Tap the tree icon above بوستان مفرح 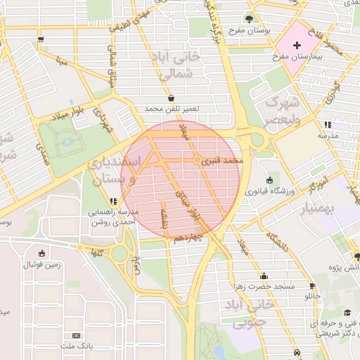(x=250, y=18)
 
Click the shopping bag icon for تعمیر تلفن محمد (x=172, y=98)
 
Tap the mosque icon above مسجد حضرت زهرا (x=264, y=276)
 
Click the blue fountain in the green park (x=67, y=141)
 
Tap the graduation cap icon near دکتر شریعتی (x=347, y=313)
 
